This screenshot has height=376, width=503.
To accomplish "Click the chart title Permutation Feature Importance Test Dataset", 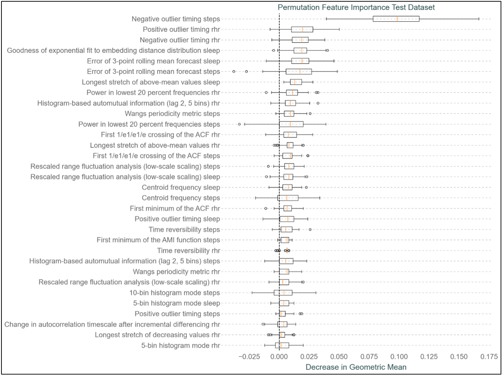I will [x=356, y=7].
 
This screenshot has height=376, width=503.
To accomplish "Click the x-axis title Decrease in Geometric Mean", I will [x=356, y=367].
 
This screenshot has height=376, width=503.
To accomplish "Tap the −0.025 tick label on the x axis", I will [x=249, y=357].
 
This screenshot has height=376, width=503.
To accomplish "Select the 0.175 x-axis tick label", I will [x=489, y=357].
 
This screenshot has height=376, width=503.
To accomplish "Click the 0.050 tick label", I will [x=339, y=357].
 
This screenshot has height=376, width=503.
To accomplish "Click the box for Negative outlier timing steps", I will [x=396, y=19].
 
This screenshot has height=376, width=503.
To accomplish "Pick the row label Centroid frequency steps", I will [x=181, y=198].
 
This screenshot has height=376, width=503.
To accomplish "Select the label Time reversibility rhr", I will [x=188, y=250].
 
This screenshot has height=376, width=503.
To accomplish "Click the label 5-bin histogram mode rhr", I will [x=180, y=345].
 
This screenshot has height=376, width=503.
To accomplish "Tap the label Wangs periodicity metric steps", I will [x=172, y=114].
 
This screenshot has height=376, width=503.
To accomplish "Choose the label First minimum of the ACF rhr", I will [x=175, y=208].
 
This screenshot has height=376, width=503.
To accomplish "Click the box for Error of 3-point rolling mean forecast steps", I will [x=298, y=72].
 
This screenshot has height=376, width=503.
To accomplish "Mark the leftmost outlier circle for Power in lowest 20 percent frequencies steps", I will [x=239, y=124].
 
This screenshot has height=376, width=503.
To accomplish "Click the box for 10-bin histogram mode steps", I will [x=283, y=293].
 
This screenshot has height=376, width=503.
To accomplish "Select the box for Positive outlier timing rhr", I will [x=302, y=29].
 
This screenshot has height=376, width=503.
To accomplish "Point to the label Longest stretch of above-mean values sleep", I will [x=151, y=82].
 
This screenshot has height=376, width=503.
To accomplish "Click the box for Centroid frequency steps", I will [x=288, y=198].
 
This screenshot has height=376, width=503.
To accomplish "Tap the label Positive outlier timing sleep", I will [x=177, y=219].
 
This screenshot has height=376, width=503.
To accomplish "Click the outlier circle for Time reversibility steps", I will [x=310, y=229].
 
